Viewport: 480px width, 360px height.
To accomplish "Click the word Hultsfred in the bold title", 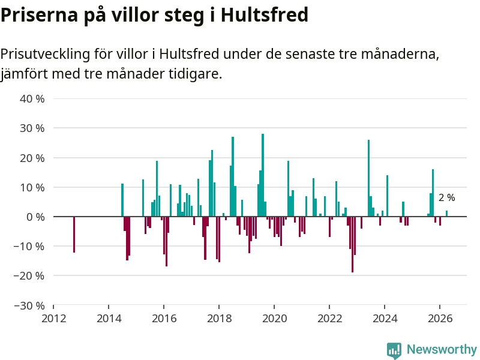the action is click(x=264, y=14).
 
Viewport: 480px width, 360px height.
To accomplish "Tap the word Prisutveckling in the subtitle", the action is click(x=46, y=54).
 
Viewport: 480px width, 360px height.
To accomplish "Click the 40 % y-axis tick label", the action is click(x=32, y=99).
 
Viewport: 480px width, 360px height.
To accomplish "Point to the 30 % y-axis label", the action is click(x=32, y=128).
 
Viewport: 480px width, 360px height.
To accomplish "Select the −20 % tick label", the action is click(x=29, y=276).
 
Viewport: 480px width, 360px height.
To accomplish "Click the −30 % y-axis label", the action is click(x=29, y=305).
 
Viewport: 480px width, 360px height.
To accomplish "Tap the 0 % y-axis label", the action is click(x=35, y=217).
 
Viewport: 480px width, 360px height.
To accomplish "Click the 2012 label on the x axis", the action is click(x=53, y=319).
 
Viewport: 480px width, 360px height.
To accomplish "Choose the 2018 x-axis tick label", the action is click(x=219, y=319).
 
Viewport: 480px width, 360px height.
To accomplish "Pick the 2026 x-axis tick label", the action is click(x=440, y=319).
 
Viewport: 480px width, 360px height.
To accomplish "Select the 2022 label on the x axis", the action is click(x=329, y=319).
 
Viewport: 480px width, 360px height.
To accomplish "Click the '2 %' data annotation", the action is click(x=446, y=198).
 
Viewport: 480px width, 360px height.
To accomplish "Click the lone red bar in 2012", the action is click(x=74, y=235).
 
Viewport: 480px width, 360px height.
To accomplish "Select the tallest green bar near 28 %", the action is click(x=263, y=175).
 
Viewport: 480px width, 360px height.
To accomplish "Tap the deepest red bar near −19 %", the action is click(x=352, y=244).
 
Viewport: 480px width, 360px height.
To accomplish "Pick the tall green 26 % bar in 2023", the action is click(x=368, y=178).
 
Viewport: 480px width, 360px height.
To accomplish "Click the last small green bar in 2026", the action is click(x=446, y=214).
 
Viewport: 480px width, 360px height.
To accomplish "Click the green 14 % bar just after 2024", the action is click(x=387, y=196).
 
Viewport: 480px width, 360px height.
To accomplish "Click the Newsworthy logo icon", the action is click(x=394, y=350).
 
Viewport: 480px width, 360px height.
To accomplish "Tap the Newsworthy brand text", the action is click(x=442, y=349).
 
